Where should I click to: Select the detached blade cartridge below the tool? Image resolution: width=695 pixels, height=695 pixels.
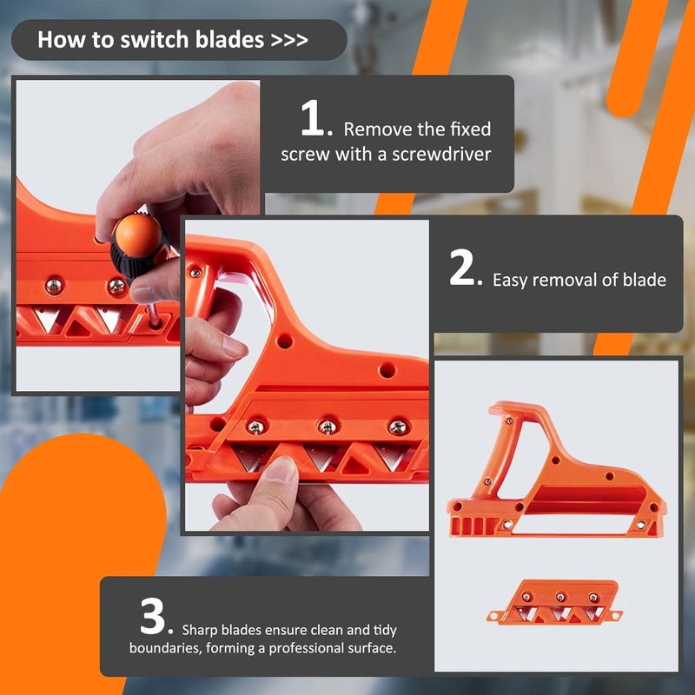click(553, 601)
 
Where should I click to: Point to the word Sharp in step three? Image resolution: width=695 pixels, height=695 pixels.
click(201, 630)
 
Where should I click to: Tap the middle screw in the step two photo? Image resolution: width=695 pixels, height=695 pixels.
click(327, 427)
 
